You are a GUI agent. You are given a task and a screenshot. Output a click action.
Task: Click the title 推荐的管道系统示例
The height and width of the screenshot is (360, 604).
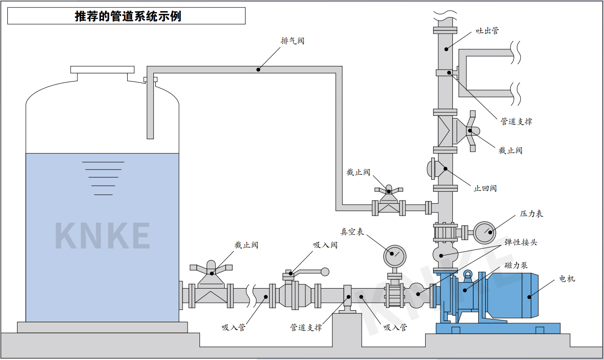click(x=128, y=17)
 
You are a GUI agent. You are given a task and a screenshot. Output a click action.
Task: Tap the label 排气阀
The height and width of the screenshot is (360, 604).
click(x=293, y=41)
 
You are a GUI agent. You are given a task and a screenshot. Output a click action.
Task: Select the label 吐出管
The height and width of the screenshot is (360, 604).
click(x=487, y=31)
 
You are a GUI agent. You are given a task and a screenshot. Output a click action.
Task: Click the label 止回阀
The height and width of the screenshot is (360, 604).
click(x=485, y=189)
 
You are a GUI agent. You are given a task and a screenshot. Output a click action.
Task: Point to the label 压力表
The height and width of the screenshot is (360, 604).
click(x=531, y=214)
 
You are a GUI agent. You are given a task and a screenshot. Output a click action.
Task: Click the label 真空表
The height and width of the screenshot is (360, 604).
click(x=352, y=232)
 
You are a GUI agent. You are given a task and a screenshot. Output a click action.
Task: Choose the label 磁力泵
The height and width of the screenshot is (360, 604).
click(x=516, y=266)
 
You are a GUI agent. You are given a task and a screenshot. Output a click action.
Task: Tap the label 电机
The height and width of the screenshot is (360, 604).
click(x=567, y=279)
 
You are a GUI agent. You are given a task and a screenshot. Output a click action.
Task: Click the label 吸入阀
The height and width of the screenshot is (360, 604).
click(x=325, y=245)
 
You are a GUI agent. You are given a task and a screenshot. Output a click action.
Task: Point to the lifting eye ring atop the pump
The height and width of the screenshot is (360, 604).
click(x=468, y=275)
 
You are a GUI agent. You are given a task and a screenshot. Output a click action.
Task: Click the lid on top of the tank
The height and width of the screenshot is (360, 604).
click(x=102, y=70)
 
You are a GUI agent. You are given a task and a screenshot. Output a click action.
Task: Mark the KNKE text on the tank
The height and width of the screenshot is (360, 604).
click(x=102, y=236)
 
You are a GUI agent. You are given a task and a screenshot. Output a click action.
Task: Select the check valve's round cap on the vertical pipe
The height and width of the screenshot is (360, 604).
click(x=432, y=169)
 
